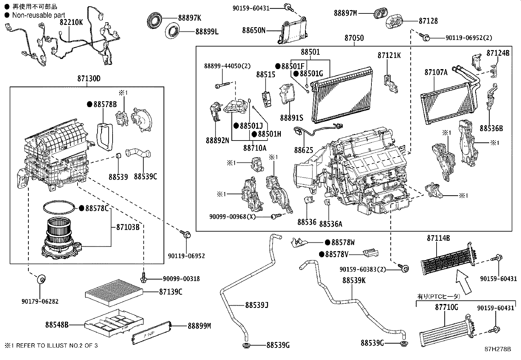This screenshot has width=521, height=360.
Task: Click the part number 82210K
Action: click(x=71, y=22)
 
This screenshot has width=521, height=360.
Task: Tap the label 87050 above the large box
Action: click(x=354, y=38)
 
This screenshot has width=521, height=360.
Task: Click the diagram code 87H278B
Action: click(x=498, y=349)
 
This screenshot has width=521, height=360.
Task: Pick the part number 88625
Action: click(x=304, y=150)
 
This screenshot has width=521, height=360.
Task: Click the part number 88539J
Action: click(x=257, y=305)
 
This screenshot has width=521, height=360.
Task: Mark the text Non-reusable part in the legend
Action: click(x=38, y=15)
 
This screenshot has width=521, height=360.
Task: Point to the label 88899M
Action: click(x=199, y=326)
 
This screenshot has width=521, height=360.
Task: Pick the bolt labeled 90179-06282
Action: click(x=41, y=279)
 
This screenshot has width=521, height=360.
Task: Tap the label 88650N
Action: click(x=254, y=30)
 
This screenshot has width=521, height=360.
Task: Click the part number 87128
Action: click(x=428, y=21)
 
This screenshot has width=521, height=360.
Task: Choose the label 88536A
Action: click(x=331, y=224)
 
